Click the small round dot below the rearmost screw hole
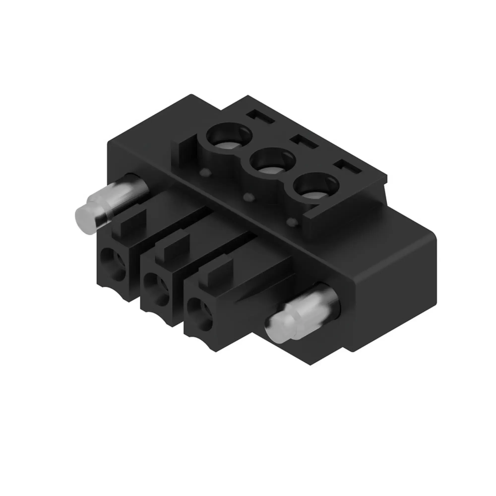(207, 173)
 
